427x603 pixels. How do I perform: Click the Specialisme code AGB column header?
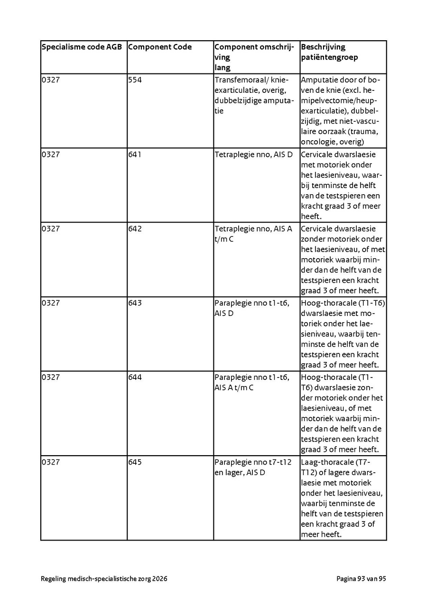(x=82, y=47)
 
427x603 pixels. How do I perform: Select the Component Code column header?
(x=160, y=47)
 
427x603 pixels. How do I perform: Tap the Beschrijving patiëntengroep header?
(x=329, y=52)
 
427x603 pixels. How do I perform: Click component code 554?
(x=135, y=80)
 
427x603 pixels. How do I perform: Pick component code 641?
(x=135, y=154)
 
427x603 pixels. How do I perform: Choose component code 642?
(x=135, y=229)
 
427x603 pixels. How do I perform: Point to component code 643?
(x=135, y=303)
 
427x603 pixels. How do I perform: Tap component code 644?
(x=135, y=378)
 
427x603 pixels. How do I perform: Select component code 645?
(x=135, y=462)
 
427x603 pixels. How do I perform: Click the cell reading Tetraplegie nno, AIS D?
(x=253, y=154)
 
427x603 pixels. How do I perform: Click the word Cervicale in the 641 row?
(x=317, y=154)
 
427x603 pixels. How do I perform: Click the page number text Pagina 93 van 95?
(x=361, y=578)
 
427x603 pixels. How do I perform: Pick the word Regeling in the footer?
(x=54, y=579)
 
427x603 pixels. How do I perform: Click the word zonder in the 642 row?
(x=312, y=239)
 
